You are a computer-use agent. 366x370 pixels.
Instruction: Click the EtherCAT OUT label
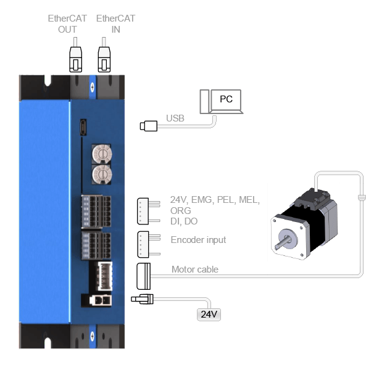[67, 24]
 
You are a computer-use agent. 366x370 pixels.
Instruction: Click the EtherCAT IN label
[115, 24]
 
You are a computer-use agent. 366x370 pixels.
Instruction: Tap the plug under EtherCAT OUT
[75, 59]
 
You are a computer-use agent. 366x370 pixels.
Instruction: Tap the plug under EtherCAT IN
[104, 59]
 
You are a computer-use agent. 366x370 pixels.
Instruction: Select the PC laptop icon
[222, 102]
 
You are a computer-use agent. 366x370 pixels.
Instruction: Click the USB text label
[175, 118]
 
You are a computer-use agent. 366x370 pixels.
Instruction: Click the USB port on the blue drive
[83, 127]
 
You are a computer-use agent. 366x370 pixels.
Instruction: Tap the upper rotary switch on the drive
[102, 154]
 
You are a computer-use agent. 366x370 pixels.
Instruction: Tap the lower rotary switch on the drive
[102, 175]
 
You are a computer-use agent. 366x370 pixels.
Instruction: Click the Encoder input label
[198, 240]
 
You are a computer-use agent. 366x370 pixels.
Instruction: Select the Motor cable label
[195, 269]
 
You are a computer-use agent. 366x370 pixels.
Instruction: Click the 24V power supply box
[209, 314]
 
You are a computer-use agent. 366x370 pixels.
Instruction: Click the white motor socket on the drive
[105, 276]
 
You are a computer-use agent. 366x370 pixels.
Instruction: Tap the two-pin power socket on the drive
[101, 301]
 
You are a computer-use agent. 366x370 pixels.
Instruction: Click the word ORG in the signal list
[180, 210]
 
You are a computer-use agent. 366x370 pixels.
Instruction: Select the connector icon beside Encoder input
[149, 244]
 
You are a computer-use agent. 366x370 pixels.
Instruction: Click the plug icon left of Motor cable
[144, 276]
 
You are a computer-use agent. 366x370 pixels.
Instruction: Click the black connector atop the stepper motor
[312, 199]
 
